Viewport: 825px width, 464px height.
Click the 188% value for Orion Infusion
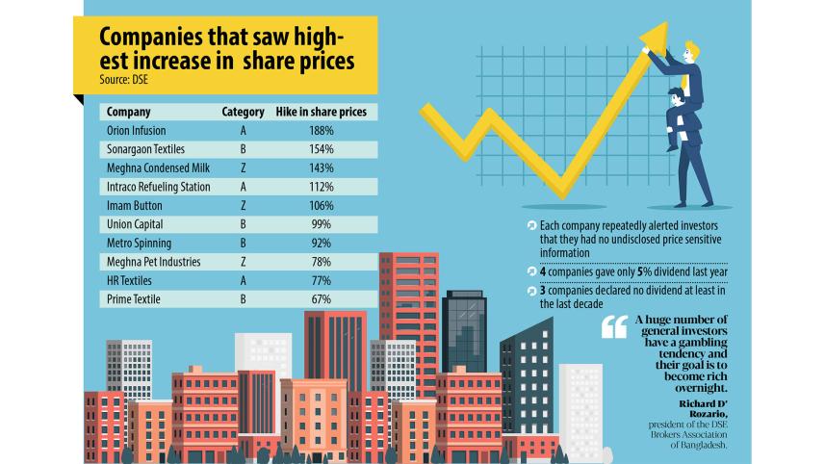click(322, 131)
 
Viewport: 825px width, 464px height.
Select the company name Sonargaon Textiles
click(146, 149)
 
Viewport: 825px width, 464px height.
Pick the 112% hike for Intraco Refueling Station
click(322, 187)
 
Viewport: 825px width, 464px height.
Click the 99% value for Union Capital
click(322, 224)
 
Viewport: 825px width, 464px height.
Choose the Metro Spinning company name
click(136, 243)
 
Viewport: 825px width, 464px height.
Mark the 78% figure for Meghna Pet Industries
click(322, 262)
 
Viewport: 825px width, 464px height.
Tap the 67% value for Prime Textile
click(322, 299)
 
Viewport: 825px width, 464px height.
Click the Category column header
click(244, 112)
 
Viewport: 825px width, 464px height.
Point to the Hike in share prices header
click(326, 112)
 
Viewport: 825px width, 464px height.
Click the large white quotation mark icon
click(614, 327)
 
